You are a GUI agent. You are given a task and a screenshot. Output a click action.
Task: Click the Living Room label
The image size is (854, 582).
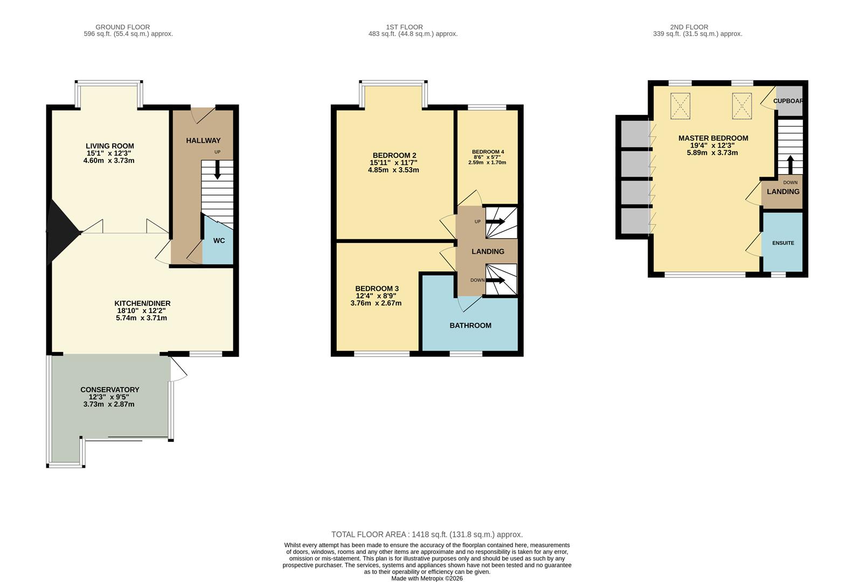(x=110, y=145)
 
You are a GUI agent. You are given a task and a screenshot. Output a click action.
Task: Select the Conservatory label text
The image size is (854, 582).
(x=110, y=390)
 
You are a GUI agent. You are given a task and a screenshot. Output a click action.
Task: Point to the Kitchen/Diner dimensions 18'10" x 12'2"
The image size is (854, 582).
(x=142, y=310)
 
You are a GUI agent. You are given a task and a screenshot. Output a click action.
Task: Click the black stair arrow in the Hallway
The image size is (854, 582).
(x=217, y=170)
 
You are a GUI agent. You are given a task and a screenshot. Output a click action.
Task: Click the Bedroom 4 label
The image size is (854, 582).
(x=488, y=152)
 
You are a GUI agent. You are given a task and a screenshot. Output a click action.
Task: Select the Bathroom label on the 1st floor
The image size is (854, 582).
(x=470, y=325)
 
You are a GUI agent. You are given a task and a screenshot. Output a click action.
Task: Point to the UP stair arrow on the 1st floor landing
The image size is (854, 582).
(x=495, y=221)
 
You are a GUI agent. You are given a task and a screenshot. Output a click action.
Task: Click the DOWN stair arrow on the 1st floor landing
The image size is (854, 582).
(x=495, y=280)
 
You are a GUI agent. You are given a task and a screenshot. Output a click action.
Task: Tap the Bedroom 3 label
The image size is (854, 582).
(x=377, y=288)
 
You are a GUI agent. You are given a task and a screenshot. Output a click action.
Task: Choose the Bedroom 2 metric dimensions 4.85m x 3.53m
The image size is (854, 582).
(x=393, y=170)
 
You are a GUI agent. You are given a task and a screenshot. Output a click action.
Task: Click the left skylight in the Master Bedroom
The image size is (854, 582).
(x=680, y=106)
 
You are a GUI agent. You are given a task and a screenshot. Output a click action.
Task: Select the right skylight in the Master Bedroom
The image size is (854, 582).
(x=742, y=106)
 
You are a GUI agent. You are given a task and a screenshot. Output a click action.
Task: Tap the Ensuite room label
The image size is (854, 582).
(x=783, y=243)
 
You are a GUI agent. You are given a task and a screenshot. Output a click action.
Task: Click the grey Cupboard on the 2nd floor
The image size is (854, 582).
(x=789, y=101)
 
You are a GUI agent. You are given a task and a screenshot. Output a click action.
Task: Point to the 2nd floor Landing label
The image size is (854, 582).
(x=783, y=191)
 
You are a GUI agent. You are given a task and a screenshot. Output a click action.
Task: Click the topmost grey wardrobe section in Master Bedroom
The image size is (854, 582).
(x=635, y=134)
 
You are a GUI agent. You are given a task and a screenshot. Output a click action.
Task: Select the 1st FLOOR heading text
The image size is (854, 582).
(x=404, y=27)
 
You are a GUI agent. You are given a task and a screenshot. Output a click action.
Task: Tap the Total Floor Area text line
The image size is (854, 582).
(x=427, y=535)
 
